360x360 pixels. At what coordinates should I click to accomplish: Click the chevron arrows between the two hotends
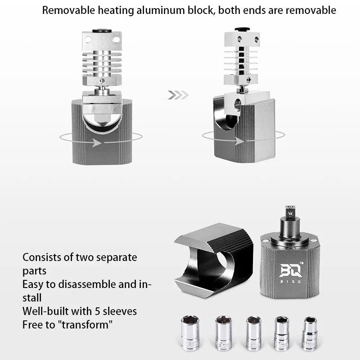coord(178,95)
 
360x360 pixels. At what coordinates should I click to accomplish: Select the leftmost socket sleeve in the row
coord(190,333)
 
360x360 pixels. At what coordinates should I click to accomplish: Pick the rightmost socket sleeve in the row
coord(310,333)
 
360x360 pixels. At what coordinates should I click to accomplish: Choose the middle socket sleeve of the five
coord(253,333)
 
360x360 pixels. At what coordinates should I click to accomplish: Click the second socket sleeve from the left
coord(223,333)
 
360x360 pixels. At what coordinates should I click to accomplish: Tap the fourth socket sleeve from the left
coord(283,333)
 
